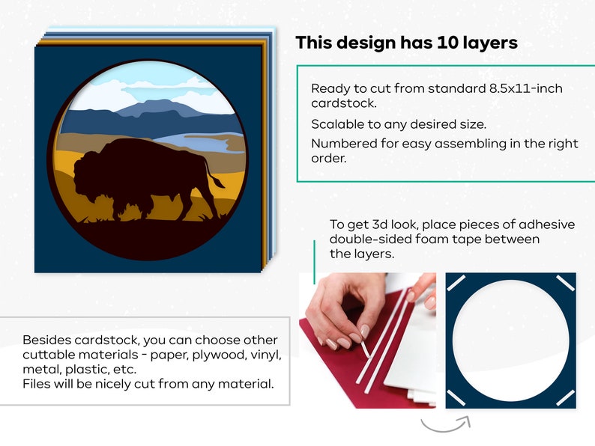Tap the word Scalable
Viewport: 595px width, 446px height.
337,123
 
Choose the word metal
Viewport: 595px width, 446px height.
40,370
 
